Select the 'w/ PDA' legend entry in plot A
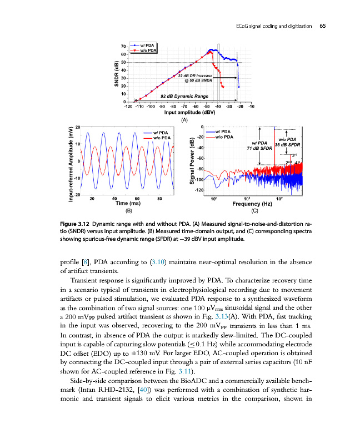point(148,44)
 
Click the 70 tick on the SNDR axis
point(123,46)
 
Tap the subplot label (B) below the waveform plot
point(129,211)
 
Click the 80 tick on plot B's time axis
point(159,198)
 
